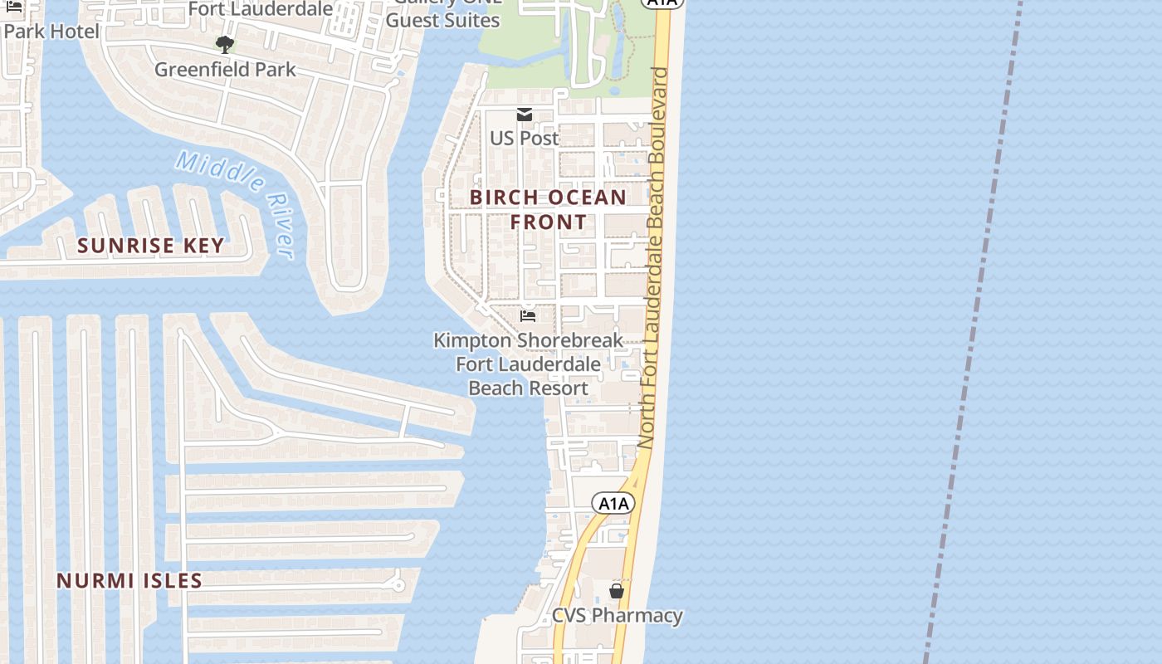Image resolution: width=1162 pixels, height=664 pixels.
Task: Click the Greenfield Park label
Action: pos(225,69)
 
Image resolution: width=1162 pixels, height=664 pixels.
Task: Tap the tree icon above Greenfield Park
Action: pos(224,44)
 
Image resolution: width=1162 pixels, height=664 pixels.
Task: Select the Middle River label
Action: pos(236,203)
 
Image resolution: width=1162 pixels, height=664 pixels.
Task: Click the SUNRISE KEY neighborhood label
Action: pos(151,246)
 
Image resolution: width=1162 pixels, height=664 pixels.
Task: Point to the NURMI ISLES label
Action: pos(129,581)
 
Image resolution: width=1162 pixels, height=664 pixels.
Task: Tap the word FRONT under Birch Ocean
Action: pos(548,222)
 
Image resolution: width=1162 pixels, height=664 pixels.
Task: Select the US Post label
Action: pos(524,138)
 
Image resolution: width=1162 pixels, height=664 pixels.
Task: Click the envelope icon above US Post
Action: pos(525,115)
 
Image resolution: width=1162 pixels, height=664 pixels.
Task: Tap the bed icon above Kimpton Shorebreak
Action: pos(527,316)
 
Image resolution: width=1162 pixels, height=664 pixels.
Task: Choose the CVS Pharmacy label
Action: pos(618,616)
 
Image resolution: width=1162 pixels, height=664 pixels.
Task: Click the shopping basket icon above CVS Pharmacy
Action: pos(617,591)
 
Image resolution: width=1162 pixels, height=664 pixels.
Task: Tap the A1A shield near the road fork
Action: pos(613,503)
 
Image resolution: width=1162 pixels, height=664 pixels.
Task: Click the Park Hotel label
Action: pos(51,32)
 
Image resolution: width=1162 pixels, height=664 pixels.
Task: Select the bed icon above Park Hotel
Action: pos(14,7)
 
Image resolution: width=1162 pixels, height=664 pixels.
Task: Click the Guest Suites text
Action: pos(443,20)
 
